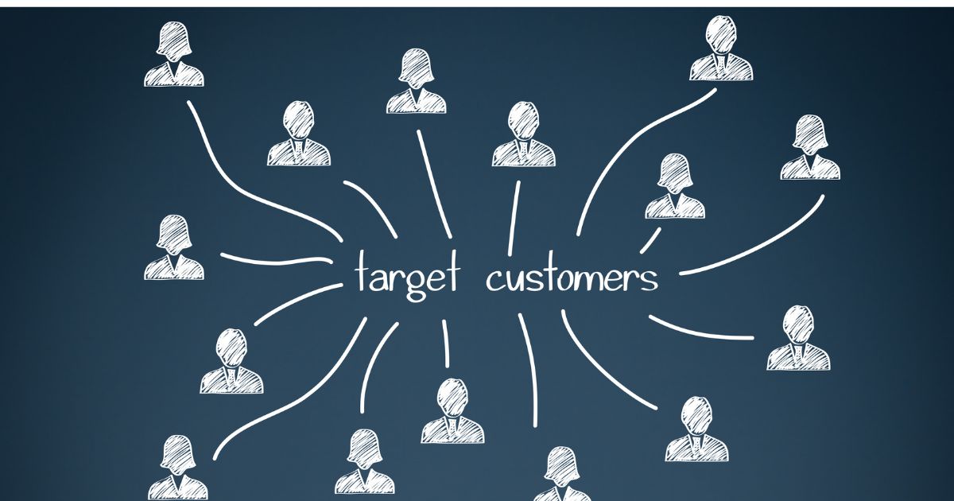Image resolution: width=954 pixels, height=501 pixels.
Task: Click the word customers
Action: pyautogui.click(x=572, y=277)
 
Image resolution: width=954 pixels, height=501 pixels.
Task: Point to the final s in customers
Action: pyautogui.click(x=649, y=281)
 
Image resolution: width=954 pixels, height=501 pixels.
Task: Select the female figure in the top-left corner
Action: pyautogui.click(x=174, y=54)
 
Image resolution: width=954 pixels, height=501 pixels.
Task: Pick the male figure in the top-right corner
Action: pyautogui.click(x=721, y=49)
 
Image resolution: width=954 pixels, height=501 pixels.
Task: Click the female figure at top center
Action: pyautogui.click(x=417, y=81)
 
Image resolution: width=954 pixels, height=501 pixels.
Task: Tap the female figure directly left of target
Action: pyautogui.click(x=174, y=247)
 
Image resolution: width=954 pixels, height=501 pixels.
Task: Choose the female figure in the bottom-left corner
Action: pyautogui.click(x=178, y=468)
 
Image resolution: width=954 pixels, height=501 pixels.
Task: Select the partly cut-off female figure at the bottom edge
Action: pyautogui.click(x=562, y=474)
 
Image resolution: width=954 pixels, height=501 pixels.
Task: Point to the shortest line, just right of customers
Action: pyautogui.click(x=651, y=240)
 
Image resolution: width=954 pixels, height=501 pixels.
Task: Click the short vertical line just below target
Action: pyautogui.click(x=445, y=344)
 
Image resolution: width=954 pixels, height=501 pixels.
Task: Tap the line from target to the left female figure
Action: pyautogui.click(x=276, y=260)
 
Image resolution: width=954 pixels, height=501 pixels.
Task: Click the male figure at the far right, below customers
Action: pyautogui.click(x=798, y=338)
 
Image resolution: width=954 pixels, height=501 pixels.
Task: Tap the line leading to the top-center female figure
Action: pyautogui.click(x=434, y=184)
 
